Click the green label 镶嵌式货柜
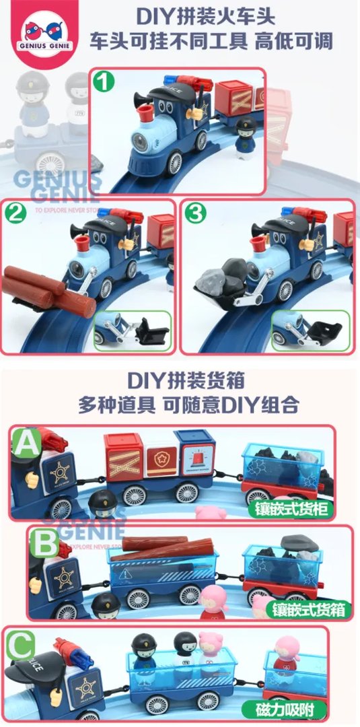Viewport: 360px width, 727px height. (291, 508)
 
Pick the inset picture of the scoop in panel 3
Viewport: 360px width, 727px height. (310, 331)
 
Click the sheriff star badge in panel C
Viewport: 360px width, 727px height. (85, 687)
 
